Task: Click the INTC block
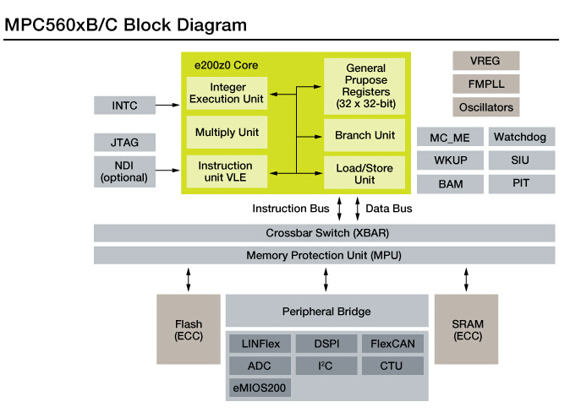(123, 106)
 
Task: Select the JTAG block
(123, 143)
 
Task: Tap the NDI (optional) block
(123, 171)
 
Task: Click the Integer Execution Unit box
(227, 93)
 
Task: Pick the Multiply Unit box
(227, 133)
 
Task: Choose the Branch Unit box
(364, 135)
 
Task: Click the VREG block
(486, 61)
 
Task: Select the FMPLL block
(486, 84)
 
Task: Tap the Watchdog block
(521, 137)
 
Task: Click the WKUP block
(450, 160)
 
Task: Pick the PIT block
(521, 183)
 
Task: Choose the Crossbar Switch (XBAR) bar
(325, 233)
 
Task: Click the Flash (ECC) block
(189, 329)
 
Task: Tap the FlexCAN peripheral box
(393, 344)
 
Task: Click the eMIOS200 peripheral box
(260, 388)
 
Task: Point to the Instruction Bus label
(290, 208)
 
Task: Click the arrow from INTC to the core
(169, 106)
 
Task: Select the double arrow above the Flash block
(189, 280)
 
